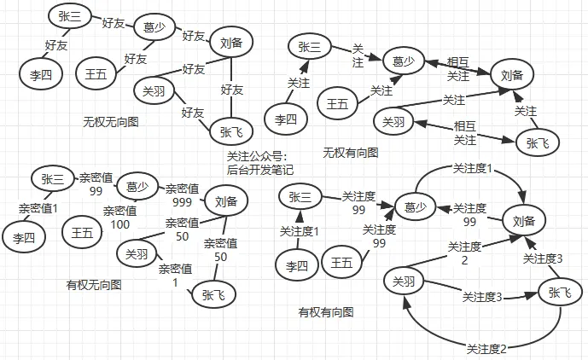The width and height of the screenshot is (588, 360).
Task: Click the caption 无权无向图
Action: tap(111, 122)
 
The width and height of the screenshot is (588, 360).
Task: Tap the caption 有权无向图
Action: tap(94, 283)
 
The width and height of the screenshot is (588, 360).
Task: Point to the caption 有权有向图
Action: tap(326, 312)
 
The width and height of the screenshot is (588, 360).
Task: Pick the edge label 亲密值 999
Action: tap(182, 195)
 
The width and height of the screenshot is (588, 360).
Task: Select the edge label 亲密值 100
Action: tap(120, 217)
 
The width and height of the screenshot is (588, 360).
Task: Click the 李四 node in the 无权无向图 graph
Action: tap(35, 74)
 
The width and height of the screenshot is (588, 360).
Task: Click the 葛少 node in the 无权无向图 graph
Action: tap(154, 26)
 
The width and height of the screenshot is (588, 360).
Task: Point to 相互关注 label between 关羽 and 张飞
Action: tap(465, 134)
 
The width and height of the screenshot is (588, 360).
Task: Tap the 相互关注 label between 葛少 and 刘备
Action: tap(458, 68)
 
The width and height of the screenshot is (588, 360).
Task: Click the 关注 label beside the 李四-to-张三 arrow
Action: tap(299, 83)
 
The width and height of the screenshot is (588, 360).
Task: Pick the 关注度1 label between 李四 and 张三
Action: tap(300, 231)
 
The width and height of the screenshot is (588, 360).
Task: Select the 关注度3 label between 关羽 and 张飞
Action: tap(481, 297)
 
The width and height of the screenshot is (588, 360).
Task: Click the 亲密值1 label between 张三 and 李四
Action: tap(38, 207)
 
